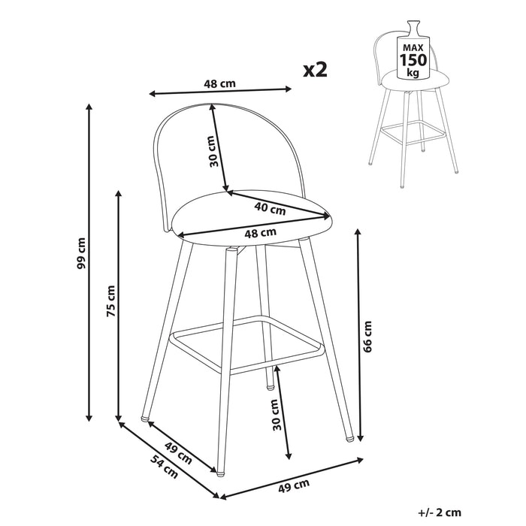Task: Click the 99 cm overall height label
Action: pos(81,253)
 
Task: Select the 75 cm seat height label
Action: pos(110,301)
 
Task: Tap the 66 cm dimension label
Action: pos(367,336)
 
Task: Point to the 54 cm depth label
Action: pos(164,467)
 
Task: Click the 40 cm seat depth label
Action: pos(270,208)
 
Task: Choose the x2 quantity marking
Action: pos(315,70)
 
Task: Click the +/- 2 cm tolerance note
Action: pos(440,512)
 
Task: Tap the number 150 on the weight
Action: pos(413,59)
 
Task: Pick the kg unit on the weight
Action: pos(413,72)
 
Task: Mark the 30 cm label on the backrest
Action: pos(213,151)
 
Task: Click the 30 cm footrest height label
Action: pos(276,415)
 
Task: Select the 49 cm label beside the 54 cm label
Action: pos(178,453)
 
